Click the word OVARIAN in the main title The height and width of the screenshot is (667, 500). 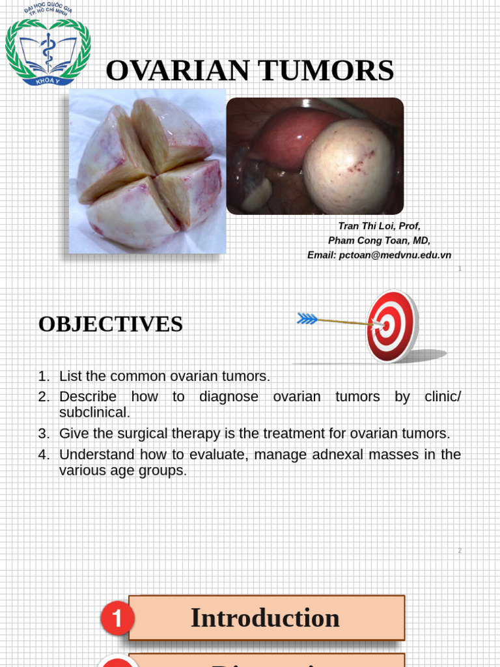point(171,70)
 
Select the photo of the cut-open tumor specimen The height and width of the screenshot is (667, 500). point(148,171)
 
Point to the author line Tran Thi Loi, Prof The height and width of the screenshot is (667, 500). point(379,226)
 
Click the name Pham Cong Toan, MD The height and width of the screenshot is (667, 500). point(379,240)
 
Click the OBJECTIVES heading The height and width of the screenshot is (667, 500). point(111,324)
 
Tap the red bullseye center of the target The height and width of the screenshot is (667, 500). point(386,324)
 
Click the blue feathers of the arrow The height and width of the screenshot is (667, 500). point(307,319)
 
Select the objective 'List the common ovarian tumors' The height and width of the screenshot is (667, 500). point(164,376)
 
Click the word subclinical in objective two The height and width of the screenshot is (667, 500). point(94,412)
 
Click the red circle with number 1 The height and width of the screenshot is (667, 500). point(117,619)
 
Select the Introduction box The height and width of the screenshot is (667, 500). point(266,617)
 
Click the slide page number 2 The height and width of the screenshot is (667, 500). point(460,550)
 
